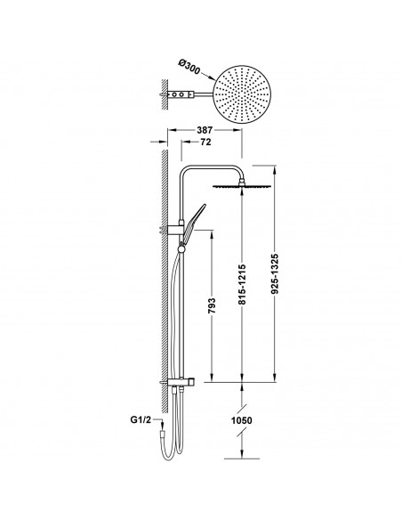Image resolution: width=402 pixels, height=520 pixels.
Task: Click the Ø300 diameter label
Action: [189, 67]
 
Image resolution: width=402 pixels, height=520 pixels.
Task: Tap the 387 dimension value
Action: [205, 130]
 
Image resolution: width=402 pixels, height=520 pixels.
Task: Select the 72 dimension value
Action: [205, 142]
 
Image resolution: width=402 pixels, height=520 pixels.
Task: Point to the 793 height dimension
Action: [212, 305]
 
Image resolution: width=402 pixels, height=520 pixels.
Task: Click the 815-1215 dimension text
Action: [242, 285]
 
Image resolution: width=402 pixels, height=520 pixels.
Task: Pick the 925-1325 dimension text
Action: [275, 274]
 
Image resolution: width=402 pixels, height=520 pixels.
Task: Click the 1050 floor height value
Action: [241, 421]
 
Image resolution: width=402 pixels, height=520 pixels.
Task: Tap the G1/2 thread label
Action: [141, 420]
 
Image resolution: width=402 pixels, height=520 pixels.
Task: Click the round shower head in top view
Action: [242, 94]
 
